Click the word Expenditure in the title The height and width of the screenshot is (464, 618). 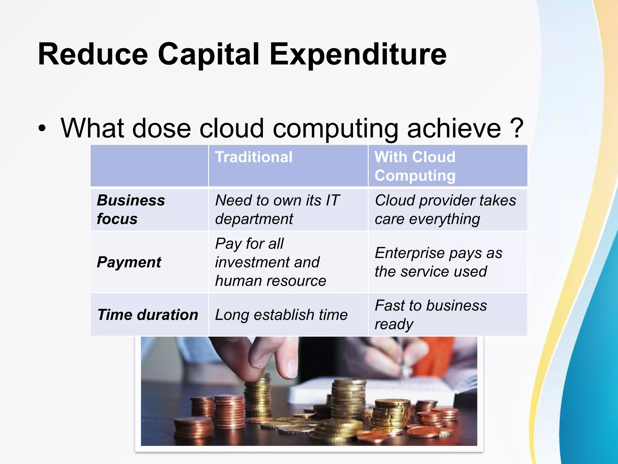358,54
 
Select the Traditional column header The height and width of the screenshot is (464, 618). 254,157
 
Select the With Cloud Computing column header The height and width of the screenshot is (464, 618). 415,166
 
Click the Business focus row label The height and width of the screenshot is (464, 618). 131,209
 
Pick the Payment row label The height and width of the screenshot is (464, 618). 129,262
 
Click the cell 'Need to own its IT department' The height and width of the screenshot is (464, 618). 277,209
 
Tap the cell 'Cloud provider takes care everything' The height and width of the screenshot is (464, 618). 445,209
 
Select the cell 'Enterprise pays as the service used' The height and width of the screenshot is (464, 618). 438,262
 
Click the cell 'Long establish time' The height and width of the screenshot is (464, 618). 281,315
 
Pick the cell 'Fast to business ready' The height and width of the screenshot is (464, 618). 431,314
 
